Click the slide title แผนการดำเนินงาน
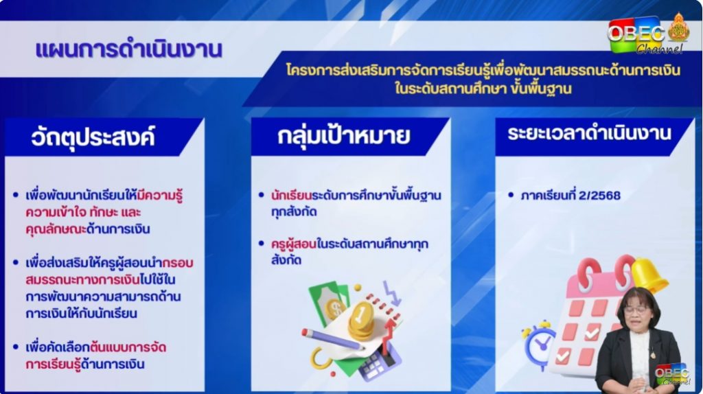coord(128,49)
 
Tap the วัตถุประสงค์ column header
coord(93,137)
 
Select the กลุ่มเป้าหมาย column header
coord(343,136)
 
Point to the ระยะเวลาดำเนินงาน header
coord(589,134)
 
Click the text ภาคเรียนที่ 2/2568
coord(571,196)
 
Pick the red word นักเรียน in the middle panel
coord(291,196)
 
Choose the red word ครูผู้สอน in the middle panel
coord(293,244)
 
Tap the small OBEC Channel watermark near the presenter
coord(671,374)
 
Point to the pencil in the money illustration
coord(332,339)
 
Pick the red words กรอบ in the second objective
coord(178,263)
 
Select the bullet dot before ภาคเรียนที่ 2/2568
coord(511,195)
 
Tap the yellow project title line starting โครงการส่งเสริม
coord(483,71)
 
